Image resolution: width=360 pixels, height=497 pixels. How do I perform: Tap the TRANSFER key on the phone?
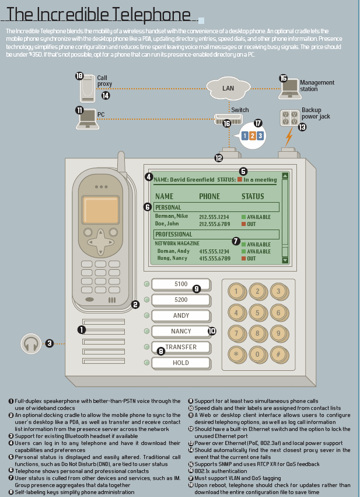click(181, 347)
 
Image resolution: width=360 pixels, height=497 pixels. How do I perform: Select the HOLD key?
click(181, 363)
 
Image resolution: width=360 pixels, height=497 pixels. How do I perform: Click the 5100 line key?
click(181, 284)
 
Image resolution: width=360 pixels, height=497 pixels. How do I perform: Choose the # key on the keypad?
click(279, 354)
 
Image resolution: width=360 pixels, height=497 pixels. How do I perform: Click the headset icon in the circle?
click(31, 343)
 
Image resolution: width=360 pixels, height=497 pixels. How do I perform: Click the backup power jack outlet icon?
click(289, 117)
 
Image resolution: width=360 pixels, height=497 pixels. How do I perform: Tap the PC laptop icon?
click(87, 119)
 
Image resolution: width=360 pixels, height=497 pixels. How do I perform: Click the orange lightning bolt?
click(288, 138)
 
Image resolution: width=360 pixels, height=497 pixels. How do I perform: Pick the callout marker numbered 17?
click(258, 123)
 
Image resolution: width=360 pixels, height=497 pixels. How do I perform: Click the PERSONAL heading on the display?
click(168, 207)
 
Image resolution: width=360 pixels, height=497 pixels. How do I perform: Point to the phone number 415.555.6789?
click(214, 258)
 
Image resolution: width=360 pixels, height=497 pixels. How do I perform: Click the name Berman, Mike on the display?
click(172, 217)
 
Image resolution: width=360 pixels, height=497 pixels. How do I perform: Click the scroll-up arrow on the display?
click(285, 176)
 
